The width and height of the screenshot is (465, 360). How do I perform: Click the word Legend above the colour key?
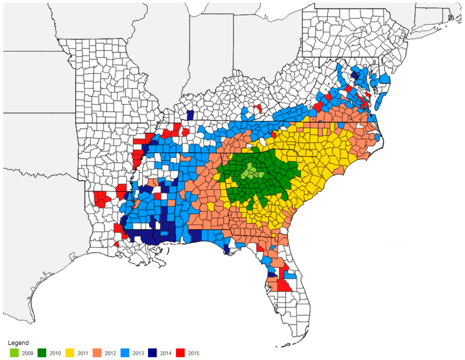19,343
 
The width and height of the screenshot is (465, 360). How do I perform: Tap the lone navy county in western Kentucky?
190,115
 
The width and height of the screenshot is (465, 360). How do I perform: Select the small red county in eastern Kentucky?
258,109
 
